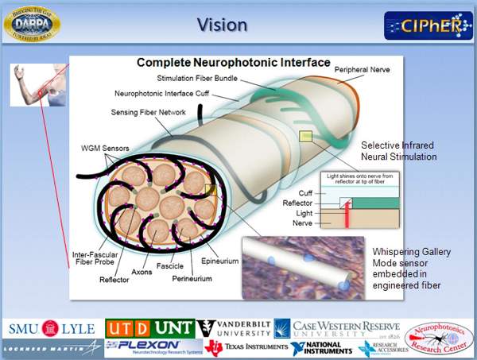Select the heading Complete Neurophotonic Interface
pyautogui.click(x=233, y=62)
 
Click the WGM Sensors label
pyautogui.click(x=107, y=148)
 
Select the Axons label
pyautogui.click(x=142, y=271)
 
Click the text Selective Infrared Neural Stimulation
pyautogui.click(x=398, y=151)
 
